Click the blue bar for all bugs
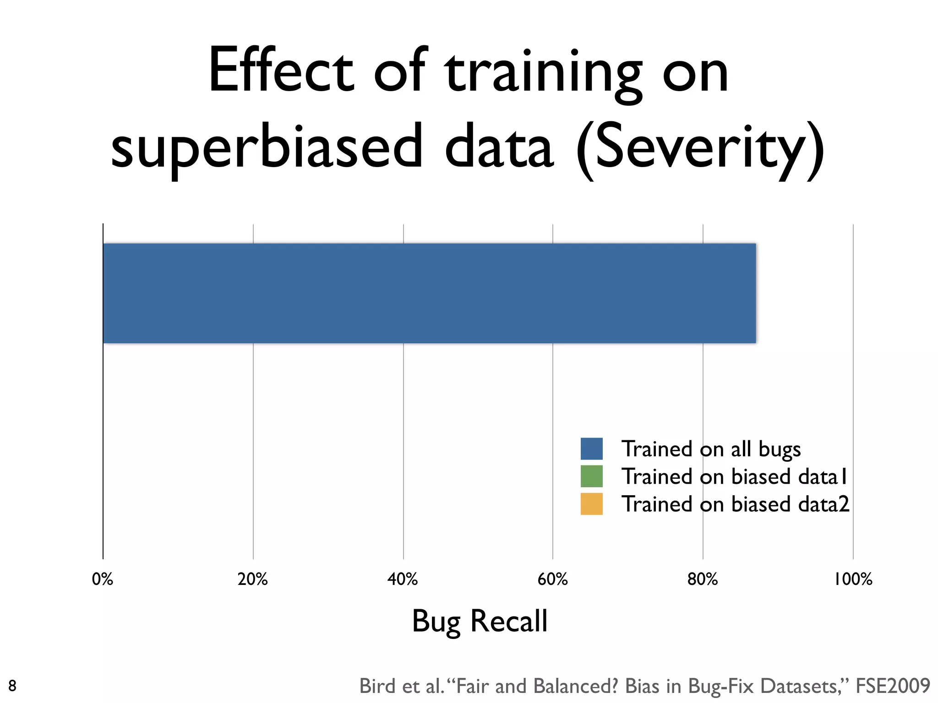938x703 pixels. point(429,293)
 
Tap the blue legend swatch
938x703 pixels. point(591,449)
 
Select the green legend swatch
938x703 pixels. point(591,476)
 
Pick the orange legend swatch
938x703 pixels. point(591,504)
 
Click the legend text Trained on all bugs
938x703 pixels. point(711,449)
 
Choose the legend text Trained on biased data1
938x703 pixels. point(735,476)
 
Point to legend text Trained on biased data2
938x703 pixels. point(735,504)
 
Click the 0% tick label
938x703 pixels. point(103,579)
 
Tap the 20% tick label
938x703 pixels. point(252,579)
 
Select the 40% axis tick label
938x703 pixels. point(403,579)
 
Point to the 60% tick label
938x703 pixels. point(552,579)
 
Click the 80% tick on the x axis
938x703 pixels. point(703,579)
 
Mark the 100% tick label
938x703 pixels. point(853,579)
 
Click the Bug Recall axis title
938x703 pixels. point(480,622)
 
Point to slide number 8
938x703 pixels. point(12,686)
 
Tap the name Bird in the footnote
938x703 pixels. point(376,686)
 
